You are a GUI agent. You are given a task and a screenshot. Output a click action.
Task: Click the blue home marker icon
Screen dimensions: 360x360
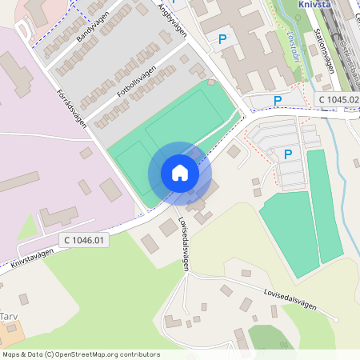tap(179, 173)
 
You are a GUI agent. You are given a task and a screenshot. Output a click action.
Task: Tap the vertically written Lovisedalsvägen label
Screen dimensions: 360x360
tap(186, 245)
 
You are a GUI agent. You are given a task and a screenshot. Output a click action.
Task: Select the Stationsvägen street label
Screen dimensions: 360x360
tap(324, 53)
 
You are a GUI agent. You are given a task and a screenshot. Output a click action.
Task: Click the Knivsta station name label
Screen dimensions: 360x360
tap(314, 3)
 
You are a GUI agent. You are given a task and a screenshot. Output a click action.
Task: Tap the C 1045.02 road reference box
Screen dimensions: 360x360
tap(339, 99)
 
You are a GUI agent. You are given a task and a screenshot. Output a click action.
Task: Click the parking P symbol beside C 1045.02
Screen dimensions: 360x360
tap(278, 100)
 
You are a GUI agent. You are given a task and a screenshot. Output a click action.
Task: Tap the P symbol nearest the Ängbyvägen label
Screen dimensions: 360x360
tap(222, 38)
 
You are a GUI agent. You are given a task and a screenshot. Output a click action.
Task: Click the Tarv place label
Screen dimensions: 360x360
tap(8, 316)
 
